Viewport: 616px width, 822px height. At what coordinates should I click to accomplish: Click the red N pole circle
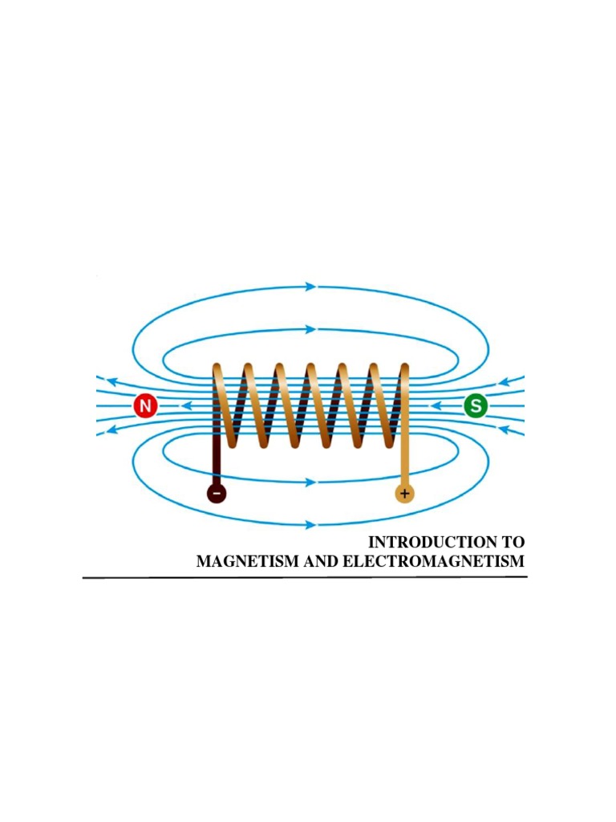point(145,406)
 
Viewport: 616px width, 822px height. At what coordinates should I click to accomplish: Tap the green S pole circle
point(475,406)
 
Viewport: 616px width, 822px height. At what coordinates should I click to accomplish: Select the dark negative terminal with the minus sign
point(217,494)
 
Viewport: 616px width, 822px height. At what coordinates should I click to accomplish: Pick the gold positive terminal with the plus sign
point(405,493)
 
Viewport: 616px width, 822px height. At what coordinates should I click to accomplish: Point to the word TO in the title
point(514,543)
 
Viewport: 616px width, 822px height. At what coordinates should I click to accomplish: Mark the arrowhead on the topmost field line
point(311,287)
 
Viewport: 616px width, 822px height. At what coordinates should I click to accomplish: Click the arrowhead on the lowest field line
point(311,525)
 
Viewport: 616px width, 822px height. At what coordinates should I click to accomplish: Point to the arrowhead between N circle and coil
point(186,406)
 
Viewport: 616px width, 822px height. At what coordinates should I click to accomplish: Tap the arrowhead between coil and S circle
point(436,406)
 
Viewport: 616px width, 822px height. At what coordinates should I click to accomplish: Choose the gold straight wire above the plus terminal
point(405,458)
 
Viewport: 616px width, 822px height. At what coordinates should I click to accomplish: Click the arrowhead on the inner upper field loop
point(311,329)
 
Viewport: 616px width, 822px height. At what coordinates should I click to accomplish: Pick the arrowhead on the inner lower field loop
point(311,482)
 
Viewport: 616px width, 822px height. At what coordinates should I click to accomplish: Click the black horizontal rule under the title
point(305,577)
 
